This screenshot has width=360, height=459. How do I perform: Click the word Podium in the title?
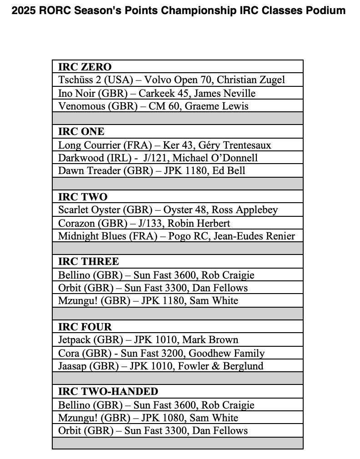tap(325, 10)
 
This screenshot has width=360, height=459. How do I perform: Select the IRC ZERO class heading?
tap(85, 67)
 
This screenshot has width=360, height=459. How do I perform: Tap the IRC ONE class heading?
tap(81, 132)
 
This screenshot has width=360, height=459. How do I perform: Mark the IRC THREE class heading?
tap(89, 262)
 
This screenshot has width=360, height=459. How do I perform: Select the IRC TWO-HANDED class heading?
tap(108, 392)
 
